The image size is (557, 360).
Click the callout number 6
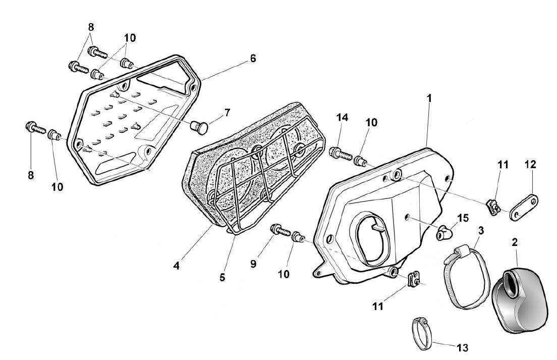click(x=253, y=58)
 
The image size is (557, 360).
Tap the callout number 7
click(x=227, y=113)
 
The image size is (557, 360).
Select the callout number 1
click(x=429, y=98)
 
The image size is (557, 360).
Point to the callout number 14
click(x=342, y=117)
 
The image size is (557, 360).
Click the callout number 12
click(x=530, y=165)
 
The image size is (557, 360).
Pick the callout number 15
click(x=463, y=218)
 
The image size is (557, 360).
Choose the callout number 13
click(x=463, y=347)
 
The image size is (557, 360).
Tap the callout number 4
click(x=177, y=266)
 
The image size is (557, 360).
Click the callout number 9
click(x=253, y=264)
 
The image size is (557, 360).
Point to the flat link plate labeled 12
click(x=524, y=207)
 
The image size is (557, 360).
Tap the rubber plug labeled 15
click(x=444, y=232)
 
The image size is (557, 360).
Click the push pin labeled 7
click(x=199, y=127)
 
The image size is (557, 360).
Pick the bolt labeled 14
click(x=341, y=154)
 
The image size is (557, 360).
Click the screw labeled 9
click(x=281, y=230)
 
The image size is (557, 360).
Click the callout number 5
click(x=222, y=277)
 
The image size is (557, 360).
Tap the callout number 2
click(x=515, y=243)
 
